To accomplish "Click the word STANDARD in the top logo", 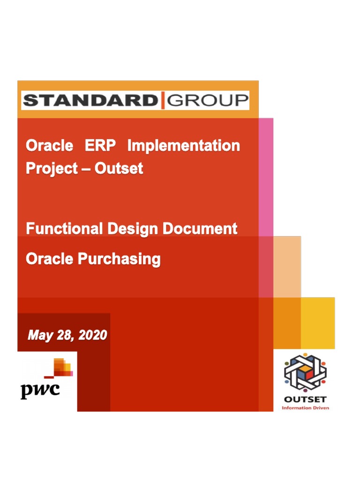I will pos(90,100).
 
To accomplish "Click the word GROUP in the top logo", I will pos(208,100).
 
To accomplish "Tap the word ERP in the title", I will pos(100,146).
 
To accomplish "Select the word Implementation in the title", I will pos(183,146).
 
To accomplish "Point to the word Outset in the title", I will pos(119,168).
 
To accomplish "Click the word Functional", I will pos(64,229).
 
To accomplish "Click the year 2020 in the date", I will pos(92,335).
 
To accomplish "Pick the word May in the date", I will pos(38,335).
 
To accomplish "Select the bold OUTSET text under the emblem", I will pos(305,400).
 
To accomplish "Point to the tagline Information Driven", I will pos(305,408).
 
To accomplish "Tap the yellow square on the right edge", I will pos(318,323).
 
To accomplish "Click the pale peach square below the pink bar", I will pos(287,267).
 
